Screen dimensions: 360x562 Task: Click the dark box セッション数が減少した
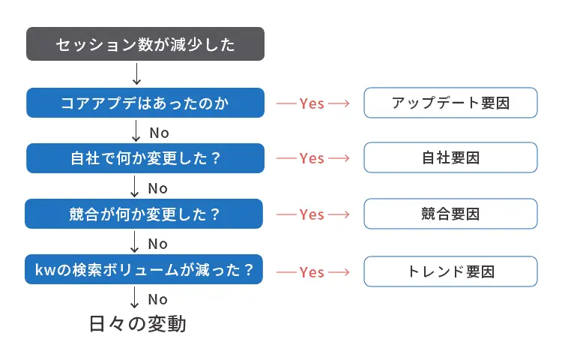(145, 44)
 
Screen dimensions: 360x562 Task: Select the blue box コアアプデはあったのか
(145, 103)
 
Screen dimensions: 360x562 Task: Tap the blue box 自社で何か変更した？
(145, 158)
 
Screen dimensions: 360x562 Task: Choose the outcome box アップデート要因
(450, 103)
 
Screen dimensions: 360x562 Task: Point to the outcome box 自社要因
(450, 158)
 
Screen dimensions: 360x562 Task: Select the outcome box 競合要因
(450, 214)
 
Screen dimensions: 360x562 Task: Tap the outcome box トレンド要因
(450, 271)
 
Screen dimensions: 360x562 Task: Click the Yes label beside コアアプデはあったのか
(312, 103)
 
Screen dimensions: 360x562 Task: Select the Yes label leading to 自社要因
(312, 158)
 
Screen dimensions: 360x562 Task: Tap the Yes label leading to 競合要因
(312, 214)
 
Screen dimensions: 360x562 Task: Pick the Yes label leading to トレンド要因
(312, 271)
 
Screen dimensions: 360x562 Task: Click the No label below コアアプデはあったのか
(159, 133)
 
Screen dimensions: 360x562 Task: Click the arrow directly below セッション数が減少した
(136, 73)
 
